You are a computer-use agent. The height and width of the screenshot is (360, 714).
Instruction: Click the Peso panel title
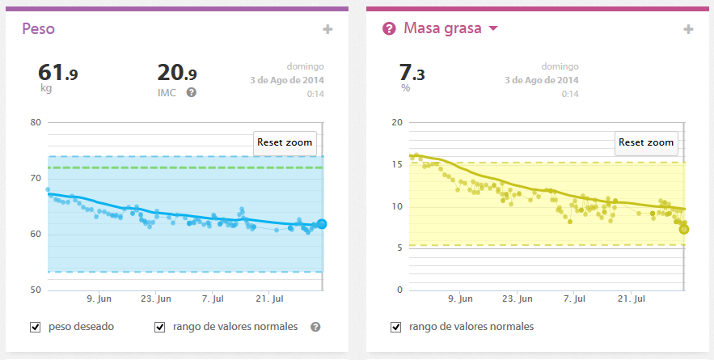click(38, 29)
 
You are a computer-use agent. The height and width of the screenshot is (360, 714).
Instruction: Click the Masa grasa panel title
click(441, 29)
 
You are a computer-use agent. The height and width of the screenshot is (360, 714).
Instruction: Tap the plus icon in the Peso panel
click(327, 30)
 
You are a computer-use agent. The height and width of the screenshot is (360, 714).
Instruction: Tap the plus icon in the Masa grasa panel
click(688, 30)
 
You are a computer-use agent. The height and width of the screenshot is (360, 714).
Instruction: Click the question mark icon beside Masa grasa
click(389, 29)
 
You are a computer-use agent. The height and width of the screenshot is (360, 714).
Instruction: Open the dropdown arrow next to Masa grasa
click(493, 29)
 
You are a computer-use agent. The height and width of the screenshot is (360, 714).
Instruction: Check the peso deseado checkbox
click(35, 327)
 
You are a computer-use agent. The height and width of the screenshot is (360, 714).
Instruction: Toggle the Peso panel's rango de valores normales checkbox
click(160, 327)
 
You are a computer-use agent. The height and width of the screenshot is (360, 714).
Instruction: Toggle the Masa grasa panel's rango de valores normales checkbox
click(396, 327)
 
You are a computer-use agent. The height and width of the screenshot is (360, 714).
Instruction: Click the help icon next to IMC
click(192, 92)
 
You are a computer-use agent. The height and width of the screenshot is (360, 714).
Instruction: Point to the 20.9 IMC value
click(177, 74)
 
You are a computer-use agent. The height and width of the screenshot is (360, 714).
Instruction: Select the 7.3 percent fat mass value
click(412, 74)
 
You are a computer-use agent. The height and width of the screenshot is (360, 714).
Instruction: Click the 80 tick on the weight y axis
click(36, 123)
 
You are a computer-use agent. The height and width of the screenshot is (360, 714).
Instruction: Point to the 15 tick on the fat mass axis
click(397, 165)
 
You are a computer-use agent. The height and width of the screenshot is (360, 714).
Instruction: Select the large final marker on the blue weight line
click(322, 224)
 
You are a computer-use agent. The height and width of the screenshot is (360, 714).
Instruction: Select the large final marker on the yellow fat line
click(684, 229)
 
